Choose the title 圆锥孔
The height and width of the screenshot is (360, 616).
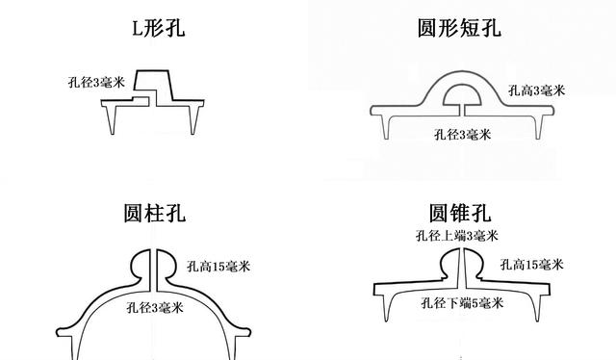463,210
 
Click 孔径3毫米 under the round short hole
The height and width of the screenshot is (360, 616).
463,134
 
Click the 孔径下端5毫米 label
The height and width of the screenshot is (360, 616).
462,305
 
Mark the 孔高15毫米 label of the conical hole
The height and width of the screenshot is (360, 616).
531,264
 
